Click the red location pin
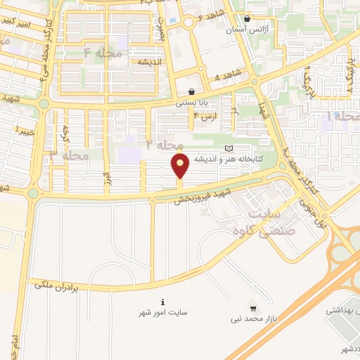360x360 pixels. pyautogui.click(x=180, y=167)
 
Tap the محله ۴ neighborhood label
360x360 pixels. pyautogui.click(x=103, y=53)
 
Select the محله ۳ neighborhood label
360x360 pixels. pyautogui.click(x=68, y=155)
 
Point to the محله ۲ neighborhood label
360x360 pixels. pyautogui.click(x=164, y=143)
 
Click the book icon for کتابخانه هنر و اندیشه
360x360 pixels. pyautogui.click(x=227, y=148)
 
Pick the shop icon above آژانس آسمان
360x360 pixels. pyautogui.click(x=246, y=20)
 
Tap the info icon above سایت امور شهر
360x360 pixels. pyautogui.click(x=163, y=301)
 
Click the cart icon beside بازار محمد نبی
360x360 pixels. pyautogui.click(x=252, y=308)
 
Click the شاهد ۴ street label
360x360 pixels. pyautogui.click(x=227, y=75)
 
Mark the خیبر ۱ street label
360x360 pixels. pyautogui.click(x=14, y=131)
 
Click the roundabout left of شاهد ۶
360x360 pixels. pyautogui.click(x=188, y=22)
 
